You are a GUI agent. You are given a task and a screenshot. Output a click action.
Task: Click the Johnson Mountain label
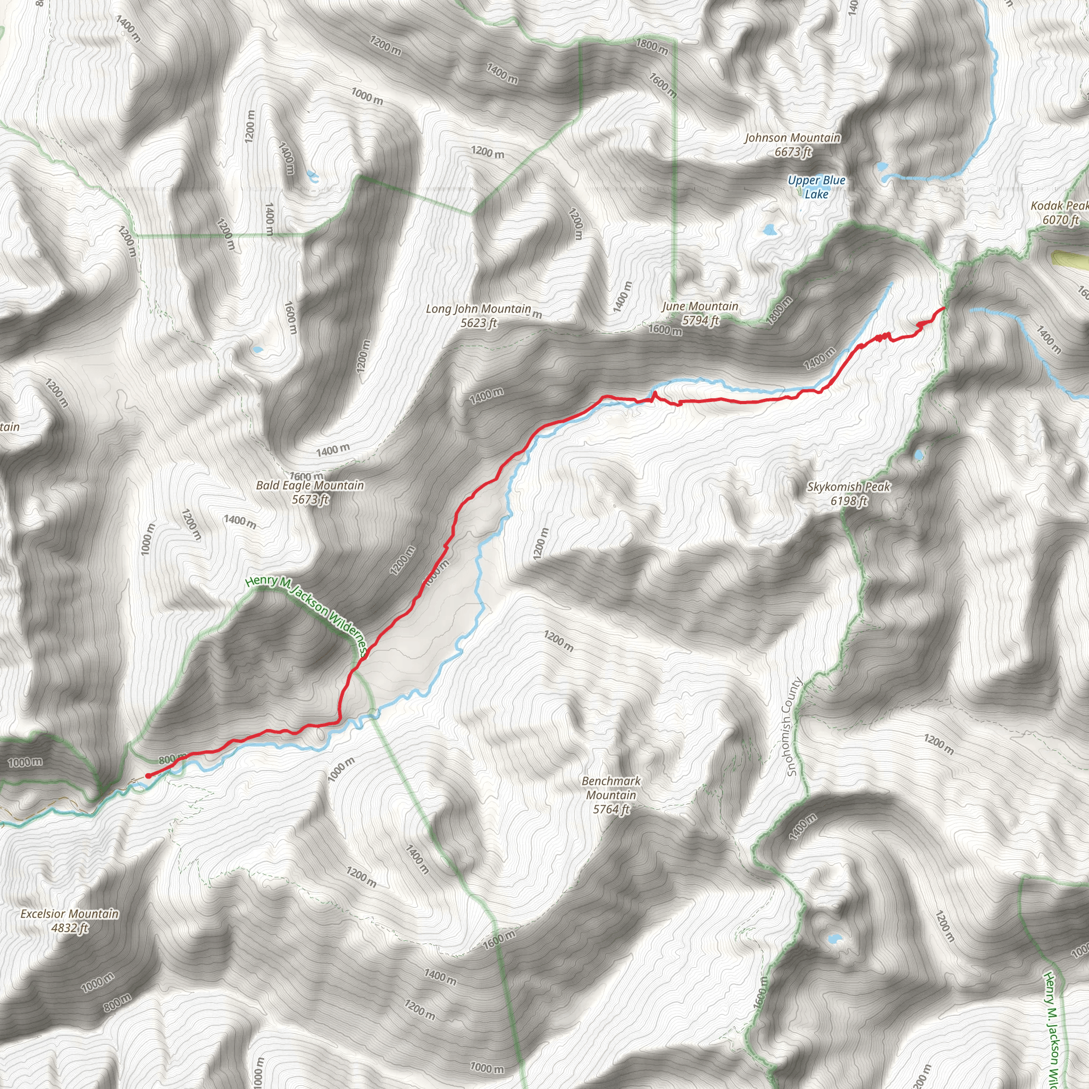(792, 138)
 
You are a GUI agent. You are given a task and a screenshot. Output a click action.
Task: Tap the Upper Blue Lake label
(816, 187)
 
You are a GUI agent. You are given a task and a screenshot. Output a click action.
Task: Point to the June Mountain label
(700, 307)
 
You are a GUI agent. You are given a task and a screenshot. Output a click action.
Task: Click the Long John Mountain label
(478, 309)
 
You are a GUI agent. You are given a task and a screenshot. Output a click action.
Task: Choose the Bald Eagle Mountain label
(310, 485)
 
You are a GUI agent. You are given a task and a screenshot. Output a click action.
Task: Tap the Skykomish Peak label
(848, 487)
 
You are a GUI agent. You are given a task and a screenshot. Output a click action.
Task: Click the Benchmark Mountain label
(611, 788)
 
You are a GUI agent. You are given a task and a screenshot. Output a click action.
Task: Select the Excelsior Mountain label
(70, 914)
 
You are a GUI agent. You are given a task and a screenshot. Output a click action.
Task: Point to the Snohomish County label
(793, 726)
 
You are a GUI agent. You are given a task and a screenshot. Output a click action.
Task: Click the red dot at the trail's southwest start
(148, 776)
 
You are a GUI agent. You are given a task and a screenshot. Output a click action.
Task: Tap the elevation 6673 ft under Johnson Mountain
(793, 152)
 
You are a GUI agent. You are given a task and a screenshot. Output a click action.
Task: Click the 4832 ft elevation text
(70, 928)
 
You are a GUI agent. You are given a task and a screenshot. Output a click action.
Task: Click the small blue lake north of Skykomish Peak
(919, 454)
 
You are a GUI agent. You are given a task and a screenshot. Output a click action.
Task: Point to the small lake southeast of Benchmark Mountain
(833, 939)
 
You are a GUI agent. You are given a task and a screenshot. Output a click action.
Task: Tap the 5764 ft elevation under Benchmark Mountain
(611, 809)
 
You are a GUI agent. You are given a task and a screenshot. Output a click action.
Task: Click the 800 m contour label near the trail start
(172, 759)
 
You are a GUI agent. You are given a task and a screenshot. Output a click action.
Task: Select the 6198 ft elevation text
(849, 501)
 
